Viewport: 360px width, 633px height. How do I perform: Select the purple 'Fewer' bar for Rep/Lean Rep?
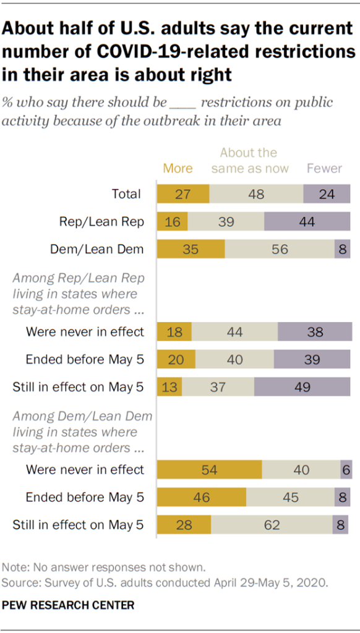[307, 222]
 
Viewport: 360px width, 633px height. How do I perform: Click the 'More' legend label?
[178, 168]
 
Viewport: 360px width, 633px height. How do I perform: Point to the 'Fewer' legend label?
[324, 168]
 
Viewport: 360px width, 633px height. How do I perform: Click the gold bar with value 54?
[209, 470]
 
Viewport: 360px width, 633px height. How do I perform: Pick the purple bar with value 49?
[302, 387]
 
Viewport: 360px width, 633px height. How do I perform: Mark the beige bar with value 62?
[272, 525]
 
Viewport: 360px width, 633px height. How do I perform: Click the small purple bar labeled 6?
[345, 470]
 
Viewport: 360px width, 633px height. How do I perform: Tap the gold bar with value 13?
[169, 387]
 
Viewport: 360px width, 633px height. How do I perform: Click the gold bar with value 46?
[202, 498]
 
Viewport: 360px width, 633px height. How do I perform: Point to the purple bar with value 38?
[314, 331]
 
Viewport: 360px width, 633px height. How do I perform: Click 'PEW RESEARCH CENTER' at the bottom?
[69, 605]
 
